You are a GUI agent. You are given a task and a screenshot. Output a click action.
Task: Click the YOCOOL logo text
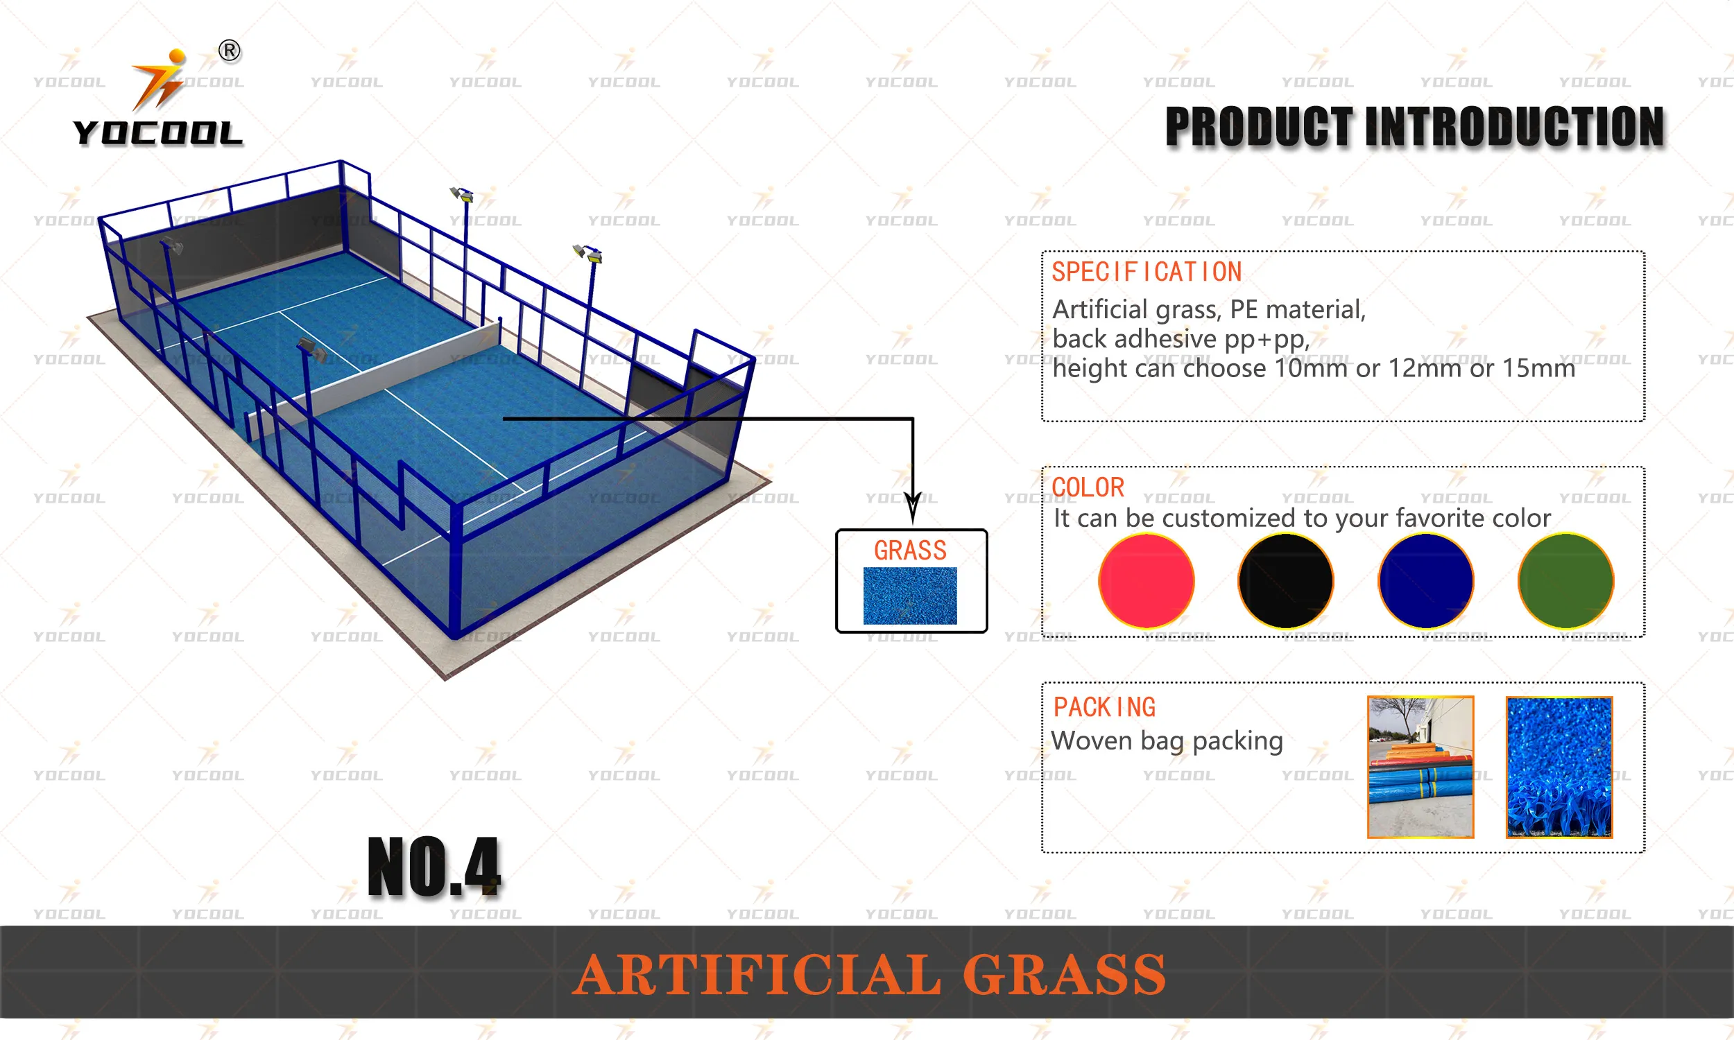[157, 132]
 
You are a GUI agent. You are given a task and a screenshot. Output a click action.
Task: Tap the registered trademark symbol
[229, 51]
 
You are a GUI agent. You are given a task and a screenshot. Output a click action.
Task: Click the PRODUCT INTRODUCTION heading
[1414, 127]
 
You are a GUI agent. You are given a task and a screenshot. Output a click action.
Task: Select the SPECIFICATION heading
[1147, 272]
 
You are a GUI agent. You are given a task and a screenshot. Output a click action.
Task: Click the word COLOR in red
[1088, 487]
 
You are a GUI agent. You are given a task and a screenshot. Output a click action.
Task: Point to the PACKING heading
[1105, 707]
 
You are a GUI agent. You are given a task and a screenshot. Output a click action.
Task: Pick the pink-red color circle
[1146, 580]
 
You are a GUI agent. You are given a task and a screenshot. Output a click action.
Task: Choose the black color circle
[1285, 580]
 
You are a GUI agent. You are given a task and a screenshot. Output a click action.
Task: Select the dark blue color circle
[1425, 580]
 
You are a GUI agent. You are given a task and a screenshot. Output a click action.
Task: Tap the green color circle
[1565, 580]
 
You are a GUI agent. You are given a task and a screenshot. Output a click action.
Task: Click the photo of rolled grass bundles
[1420, 767]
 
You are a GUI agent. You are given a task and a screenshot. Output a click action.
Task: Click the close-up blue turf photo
[1559, 767]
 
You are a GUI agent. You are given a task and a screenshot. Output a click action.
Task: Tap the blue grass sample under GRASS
[910, 595]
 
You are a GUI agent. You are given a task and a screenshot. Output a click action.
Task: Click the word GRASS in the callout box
[910, 550]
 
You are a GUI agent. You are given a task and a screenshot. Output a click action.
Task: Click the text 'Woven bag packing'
[1167, 740]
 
